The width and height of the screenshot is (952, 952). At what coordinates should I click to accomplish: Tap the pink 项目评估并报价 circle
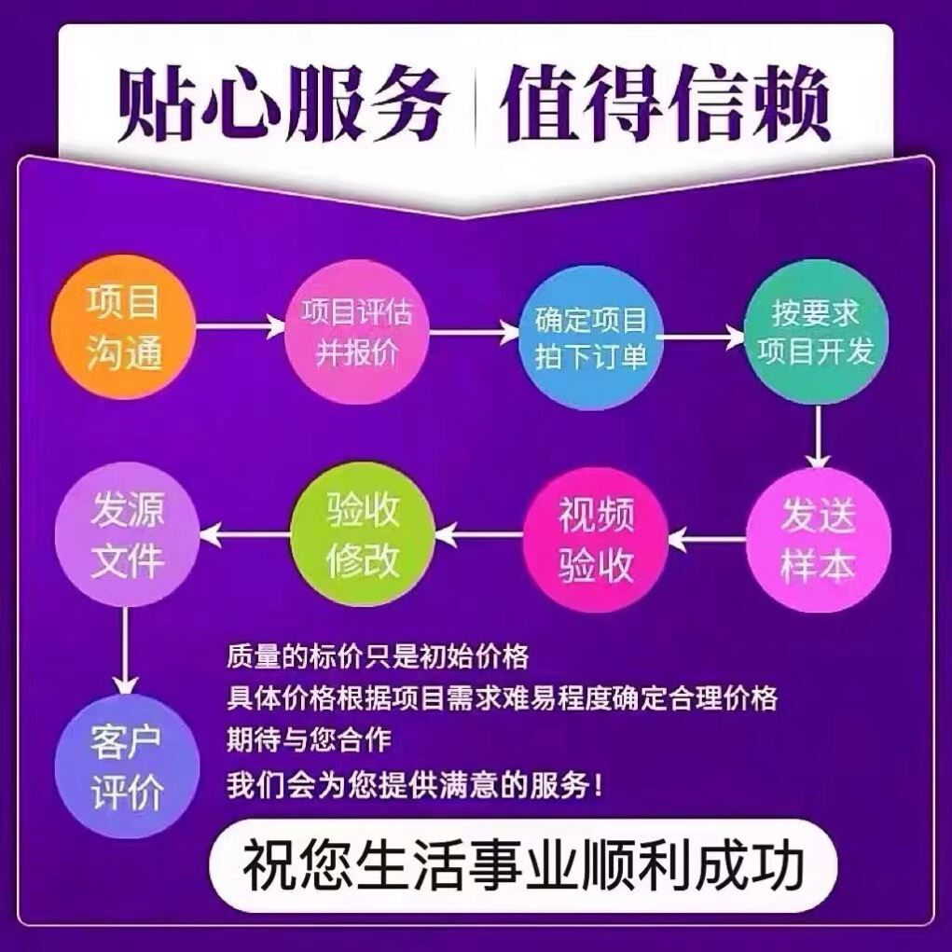tap(356, 330)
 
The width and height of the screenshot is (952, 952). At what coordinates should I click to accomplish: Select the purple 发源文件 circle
tap(128, 536)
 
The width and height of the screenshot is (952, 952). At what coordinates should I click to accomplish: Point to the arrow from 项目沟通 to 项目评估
tap(240, 325)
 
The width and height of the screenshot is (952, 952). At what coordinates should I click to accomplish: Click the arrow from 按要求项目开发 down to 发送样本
tap(818, 437)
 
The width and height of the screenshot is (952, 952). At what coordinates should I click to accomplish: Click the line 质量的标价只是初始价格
tap(378, 656)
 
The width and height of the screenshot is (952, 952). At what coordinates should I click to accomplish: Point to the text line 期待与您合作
tap(309, 739)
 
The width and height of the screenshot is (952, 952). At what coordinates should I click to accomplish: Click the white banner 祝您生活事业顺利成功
tap(523, 866)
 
